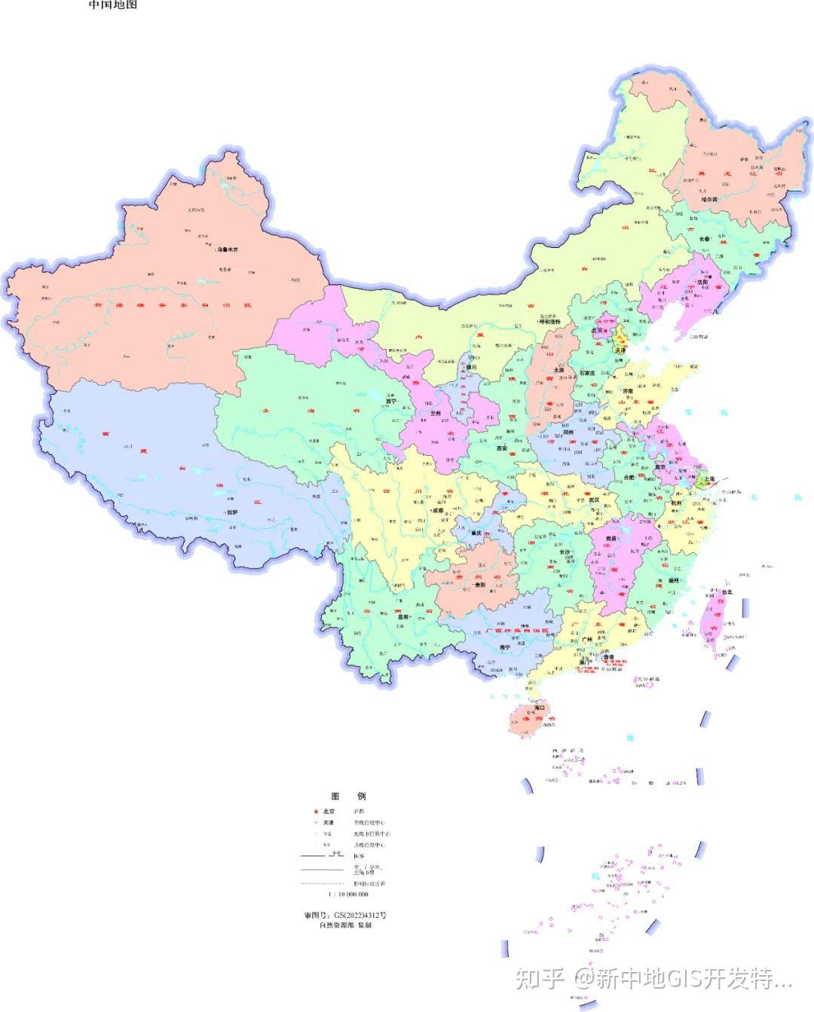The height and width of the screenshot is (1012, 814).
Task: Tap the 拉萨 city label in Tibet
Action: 231,512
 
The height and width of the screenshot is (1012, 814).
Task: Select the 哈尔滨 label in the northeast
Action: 705,200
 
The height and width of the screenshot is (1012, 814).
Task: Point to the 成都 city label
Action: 437,511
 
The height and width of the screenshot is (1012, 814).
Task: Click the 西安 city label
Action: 502,448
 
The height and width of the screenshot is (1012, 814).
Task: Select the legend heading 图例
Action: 348,796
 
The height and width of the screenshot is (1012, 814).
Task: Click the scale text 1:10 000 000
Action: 347,894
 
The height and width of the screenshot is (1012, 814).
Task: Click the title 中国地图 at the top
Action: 113,5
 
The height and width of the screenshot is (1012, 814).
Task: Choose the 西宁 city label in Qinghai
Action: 390,402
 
